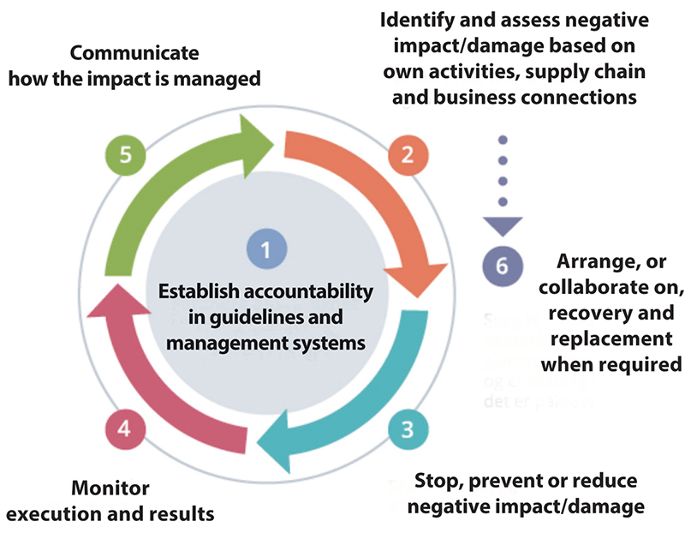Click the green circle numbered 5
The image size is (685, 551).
coord(125,156)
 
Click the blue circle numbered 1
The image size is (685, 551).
coord(266,249)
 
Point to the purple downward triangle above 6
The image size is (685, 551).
coord(503,226)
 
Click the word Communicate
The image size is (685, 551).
coord(134,53)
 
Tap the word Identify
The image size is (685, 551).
coord(416,19)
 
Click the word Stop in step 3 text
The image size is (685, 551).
coord(436,480)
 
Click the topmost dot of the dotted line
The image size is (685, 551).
coord(503,140)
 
